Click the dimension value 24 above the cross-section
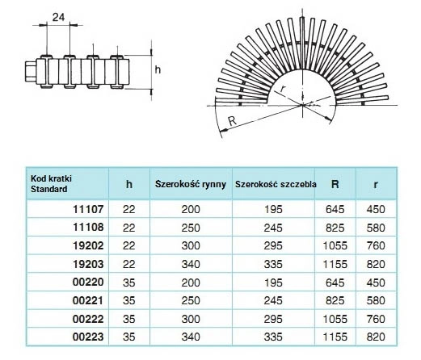[58, 17]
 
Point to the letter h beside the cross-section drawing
[158, 69]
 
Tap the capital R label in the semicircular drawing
[232, 121]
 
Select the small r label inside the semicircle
[282, 88]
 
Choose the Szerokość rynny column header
[191, 184]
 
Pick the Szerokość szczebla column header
[276, 184]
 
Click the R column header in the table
[335, 184]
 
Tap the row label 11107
[88, 209]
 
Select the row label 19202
[88, 245]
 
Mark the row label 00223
[88, 337]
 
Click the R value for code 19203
[335, 264]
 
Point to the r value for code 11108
[376, 228]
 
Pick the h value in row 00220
[129, 283]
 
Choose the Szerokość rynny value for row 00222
[191, 319]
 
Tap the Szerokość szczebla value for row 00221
[273, 300]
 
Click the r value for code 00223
[376, 337]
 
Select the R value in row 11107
[335, 209]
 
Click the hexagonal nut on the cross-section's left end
[31, 71]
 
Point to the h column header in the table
[129, 184]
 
